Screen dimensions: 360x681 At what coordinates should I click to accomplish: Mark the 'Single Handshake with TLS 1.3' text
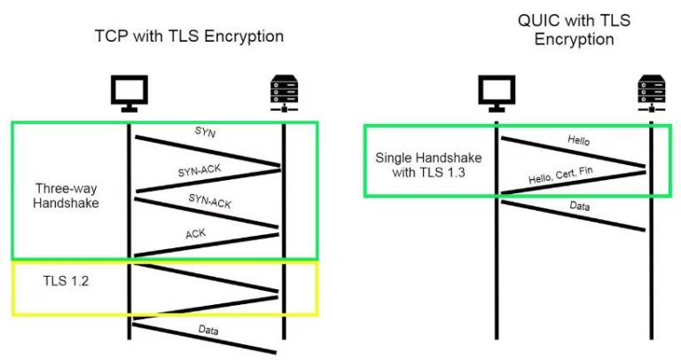coord(424,165)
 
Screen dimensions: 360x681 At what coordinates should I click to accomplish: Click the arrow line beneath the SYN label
coord(207,151)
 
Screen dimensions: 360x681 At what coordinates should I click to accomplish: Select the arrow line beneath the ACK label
coord(207,245)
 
